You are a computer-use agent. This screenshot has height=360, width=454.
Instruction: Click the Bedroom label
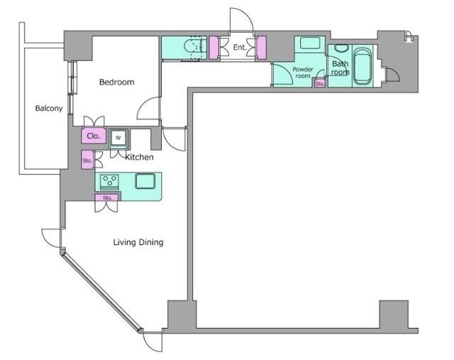(x=116, y=82)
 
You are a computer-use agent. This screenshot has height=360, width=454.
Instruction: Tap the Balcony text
(x=49, y=109)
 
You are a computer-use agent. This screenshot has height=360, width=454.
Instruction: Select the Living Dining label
(x=138, y=242)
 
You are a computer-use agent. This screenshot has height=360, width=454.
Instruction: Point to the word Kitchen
(x=139, y=157)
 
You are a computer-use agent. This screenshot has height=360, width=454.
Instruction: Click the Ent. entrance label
(x=240, y=48)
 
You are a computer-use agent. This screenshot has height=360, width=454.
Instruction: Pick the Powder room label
(x=303, y=72)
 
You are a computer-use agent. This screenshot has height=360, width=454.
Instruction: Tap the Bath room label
(x=340, y=68)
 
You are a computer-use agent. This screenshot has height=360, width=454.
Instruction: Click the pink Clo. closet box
(x=94, y=136)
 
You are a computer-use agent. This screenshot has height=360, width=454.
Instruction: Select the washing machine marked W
(x=118, y=138)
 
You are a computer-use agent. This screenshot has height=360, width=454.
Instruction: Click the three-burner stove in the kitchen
(x=109, y=182)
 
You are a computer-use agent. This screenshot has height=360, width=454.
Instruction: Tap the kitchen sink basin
(x=145, y=181)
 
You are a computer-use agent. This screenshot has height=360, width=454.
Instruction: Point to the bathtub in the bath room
(x=362, y=66)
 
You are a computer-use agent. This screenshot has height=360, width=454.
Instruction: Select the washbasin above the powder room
(x=310, y=43)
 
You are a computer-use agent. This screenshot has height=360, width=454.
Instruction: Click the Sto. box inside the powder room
(x=320, y=84)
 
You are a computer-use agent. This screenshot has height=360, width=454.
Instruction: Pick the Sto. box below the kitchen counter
(x=107, y=197)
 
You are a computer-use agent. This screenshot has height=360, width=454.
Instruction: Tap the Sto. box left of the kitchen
(x=87, y=160)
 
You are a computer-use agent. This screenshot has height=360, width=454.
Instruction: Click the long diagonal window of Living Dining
(x=102, y=292)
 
